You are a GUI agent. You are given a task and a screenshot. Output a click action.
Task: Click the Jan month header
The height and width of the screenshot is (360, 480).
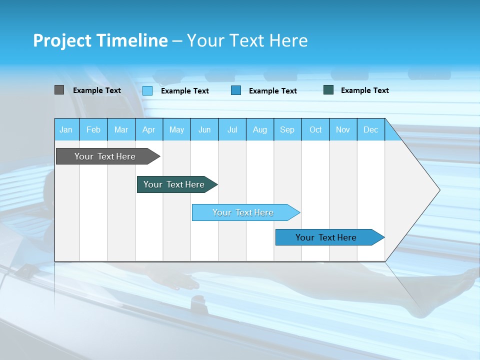[x=66, y=130]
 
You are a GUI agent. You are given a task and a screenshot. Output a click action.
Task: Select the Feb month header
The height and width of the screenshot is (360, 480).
[x=93, y=130]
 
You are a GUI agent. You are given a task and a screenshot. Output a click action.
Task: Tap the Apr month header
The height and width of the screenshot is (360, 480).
[x=148, y=130]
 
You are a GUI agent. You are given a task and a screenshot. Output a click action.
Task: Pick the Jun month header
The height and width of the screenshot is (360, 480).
[x=204, y=130]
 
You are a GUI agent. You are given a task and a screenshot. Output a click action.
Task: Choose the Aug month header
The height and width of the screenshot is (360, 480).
[x=259, y=130]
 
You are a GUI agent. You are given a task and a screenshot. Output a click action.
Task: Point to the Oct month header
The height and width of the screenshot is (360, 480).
[x=315, y=130]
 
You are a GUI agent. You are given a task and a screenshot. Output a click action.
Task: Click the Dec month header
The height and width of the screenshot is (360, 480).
[x=370, y=130]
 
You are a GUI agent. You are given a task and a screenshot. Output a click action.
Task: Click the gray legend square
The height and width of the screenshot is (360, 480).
[x=59, y=90]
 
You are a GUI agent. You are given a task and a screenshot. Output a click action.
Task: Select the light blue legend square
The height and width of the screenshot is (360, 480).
[x=147, y=90]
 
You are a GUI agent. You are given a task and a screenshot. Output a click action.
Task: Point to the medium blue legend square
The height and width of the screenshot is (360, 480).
[x=236, y=90]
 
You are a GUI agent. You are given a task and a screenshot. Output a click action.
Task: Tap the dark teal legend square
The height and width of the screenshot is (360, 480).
[x=328, y=90]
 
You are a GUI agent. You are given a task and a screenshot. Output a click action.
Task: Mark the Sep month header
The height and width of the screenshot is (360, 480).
[x=287, y=130]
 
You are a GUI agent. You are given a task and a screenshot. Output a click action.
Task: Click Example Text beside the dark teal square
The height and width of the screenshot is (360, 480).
[x=364, y=90]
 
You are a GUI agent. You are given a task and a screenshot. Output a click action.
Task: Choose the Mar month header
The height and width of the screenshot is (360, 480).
[x=121, y=130]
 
